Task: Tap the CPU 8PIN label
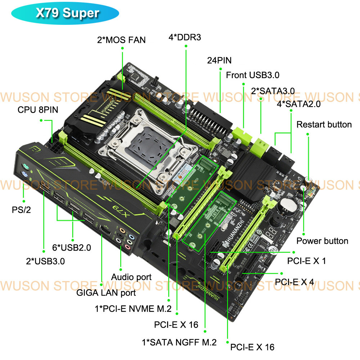coord(38,109)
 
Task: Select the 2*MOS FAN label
coord(121,40)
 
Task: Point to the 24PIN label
coord(219,60)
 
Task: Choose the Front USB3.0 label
coord(252,75)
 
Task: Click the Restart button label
coord(324,125)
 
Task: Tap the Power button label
coord(322,241)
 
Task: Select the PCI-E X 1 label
coord(306,261)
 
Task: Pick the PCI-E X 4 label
coord(294,282)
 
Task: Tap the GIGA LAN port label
coord(106,293)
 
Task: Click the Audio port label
coord(131,277)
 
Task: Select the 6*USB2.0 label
coord(72,248)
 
